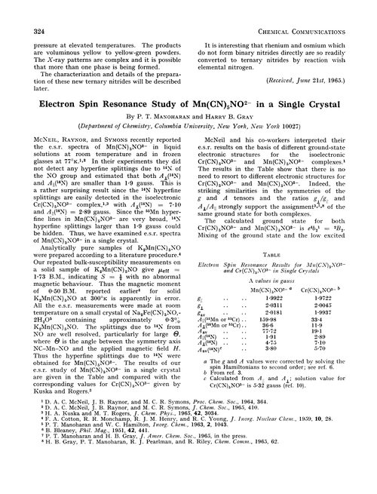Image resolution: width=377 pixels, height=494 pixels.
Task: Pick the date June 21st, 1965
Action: pos(323,98)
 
